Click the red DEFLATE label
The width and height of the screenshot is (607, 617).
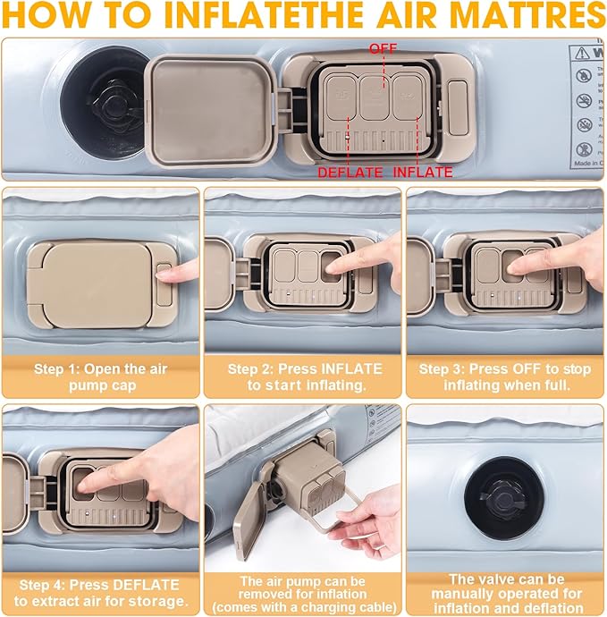point(350,172)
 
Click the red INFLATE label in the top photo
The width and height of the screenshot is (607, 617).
point(423,172)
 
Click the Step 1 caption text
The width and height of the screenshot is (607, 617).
point(100,376)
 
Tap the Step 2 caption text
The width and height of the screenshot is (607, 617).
point(304,376)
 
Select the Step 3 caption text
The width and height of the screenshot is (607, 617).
point(507,376)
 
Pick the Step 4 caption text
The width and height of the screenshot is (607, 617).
point(100,591)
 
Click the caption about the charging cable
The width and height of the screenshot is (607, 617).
point(304,594)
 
